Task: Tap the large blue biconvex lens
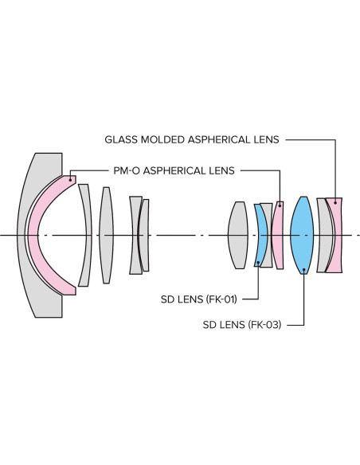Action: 302,235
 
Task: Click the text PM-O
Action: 127,170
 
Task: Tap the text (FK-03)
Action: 262,325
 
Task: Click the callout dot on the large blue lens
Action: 304,270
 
